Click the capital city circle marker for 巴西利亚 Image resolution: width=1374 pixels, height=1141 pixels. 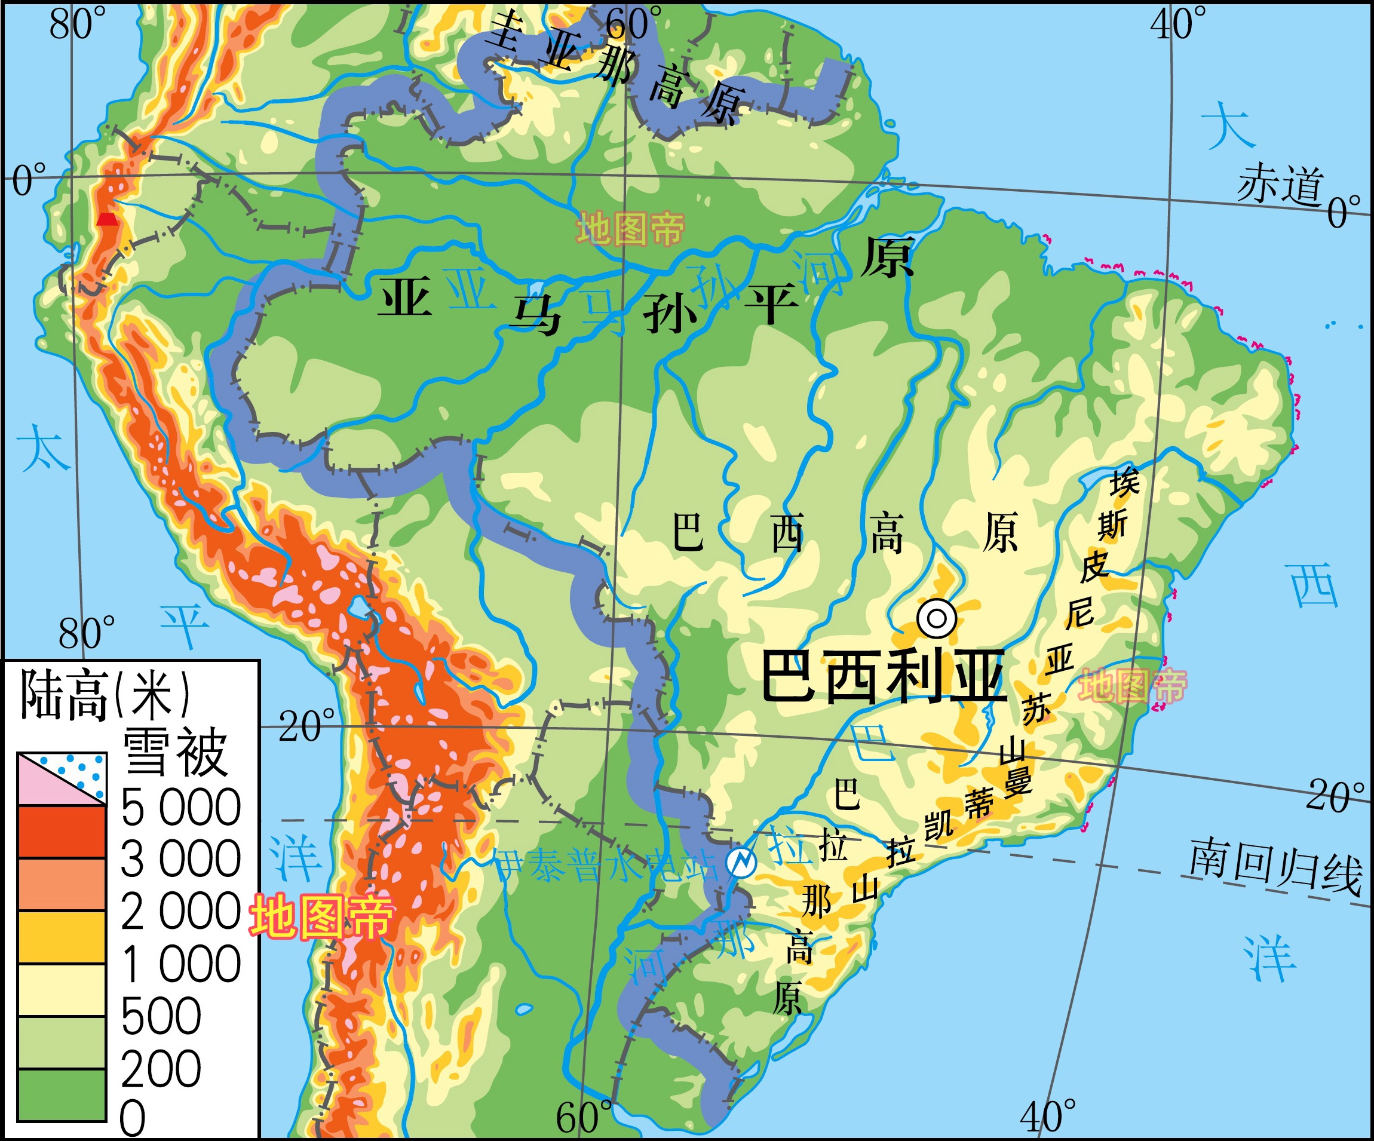pos(936,618)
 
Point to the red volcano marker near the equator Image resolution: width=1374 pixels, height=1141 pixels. pos(108,219)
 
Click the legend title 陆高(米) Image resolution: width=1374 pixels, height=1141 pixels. pos(105,695)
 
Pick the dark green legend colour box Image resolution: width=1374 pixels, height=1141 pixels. pos(62,1094)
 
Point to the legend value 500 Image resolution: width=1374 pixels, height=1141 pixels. pos(161,1016)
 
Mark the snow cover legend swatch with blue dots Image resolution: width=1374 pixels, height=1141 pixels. pos(62,778)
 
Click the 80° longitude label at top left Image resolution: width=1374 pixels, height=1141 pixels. pos(77,25)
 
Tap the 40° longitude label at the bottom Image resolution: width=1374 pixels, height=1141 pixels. pos(1047,1116)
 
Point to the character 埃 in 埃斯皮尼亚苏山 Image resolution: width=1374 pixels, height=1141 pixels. pos(1124,483)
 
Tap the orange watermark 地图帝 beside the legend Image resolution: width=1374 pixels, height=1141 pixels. pos(321,916)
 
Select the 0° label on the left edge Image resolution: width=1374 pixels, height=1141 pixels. pos(29,180)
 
